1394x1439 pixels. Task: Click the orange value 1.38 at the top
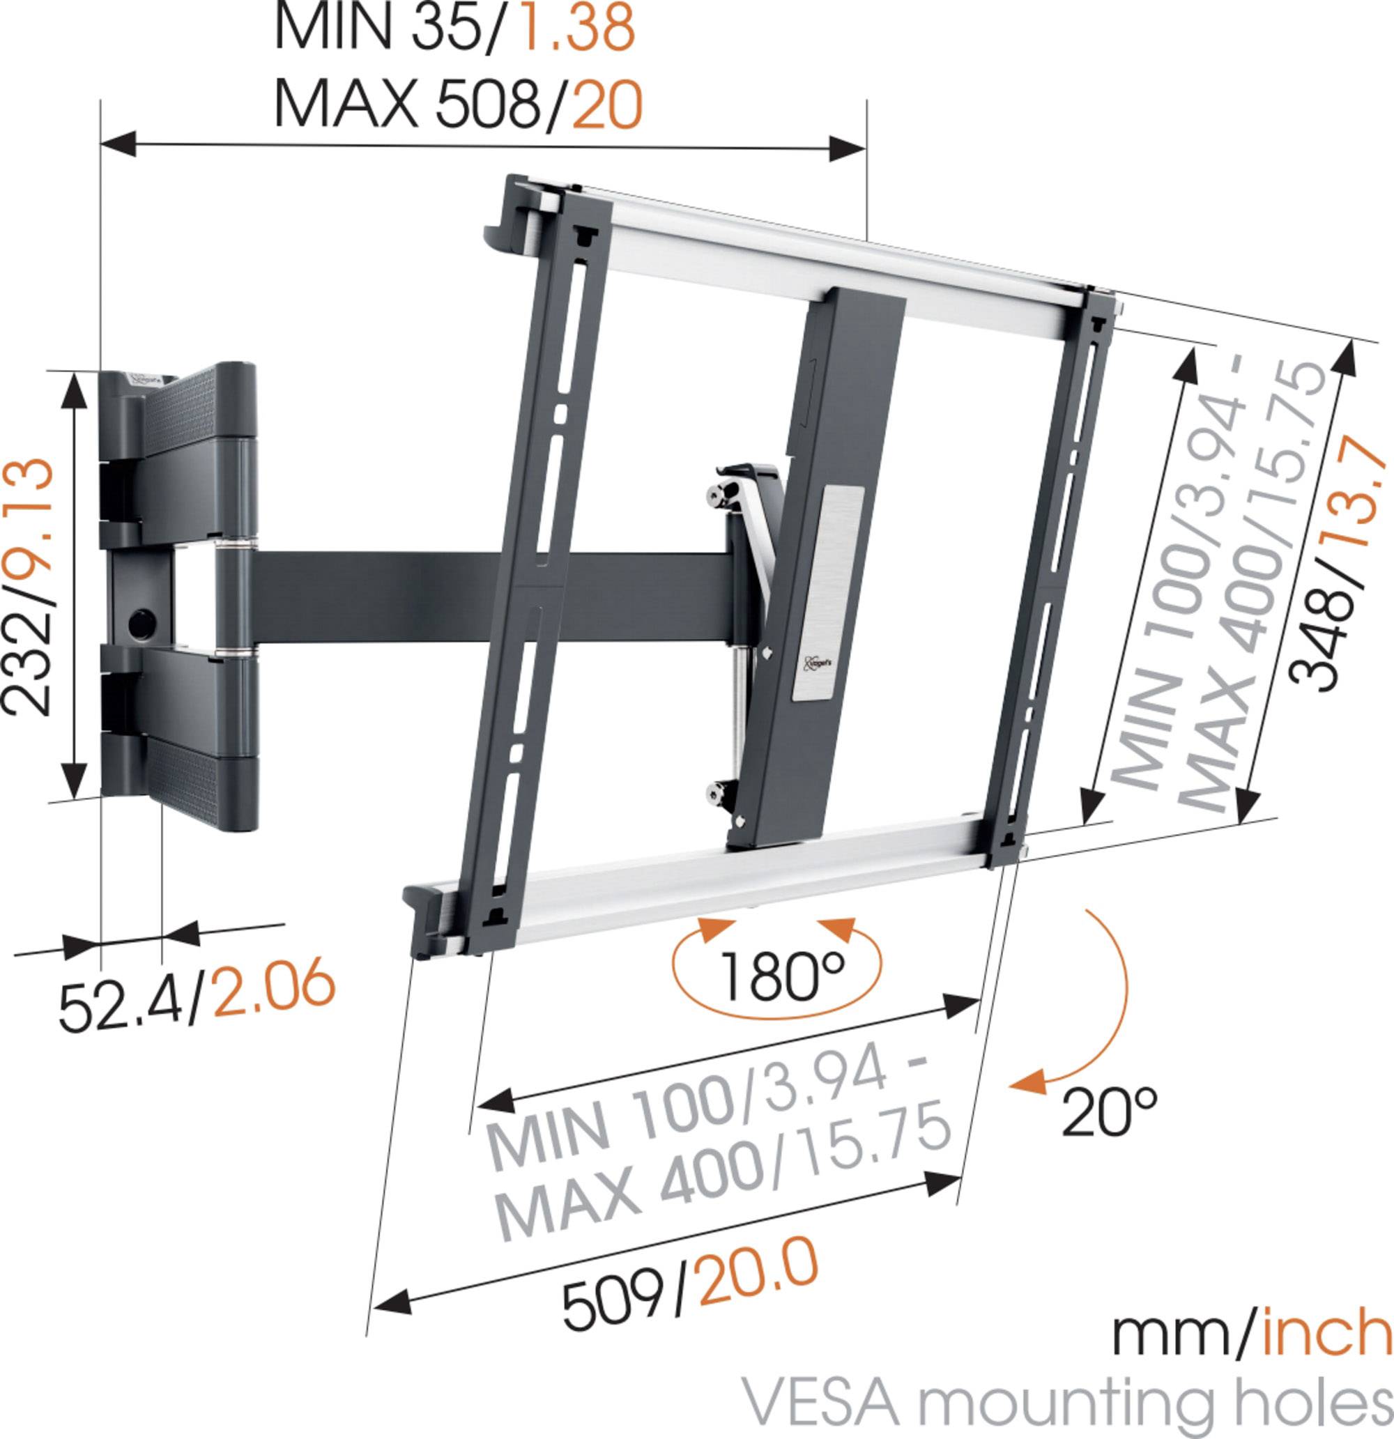point(576,28)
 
